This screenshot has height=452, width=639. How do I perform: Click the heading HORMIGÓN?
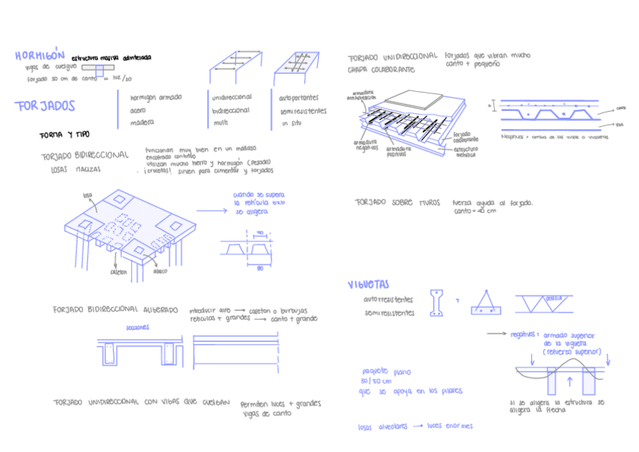click(x=40, y=55)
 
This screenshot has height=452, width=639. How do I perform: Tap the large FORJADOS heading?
click(x=46, y=106)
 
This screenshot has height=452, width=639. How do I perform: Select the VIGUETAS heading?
click(x=368, y=284)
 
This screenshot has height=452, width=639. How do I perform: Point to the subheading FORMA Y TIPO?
click(x=64, y=134)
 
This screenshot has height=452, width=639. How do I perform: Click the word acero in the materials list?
click(x=138, y=109)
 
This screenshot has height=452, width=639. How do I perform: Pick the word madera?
click(x=142, y=122)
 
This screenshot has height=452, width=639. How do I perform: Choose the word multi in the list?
click(x=220, y=122)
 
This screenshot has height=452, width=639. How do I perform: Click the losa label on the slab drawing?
click(x=88, y=195)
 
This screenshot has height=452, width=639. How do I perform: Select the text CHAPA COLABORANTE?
click(x=381, y=69)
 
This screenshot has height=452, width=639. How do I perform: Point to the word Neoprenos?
click(x=515, y=137)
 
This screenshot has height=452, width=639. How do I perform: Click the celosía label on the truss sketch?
click(x=556, y=298)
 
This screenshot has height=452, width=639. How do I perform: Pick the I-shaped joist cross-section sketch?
click(x=437, y=302)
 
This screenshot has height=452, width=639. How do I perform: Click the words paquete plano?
click(x=386, y=371)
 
